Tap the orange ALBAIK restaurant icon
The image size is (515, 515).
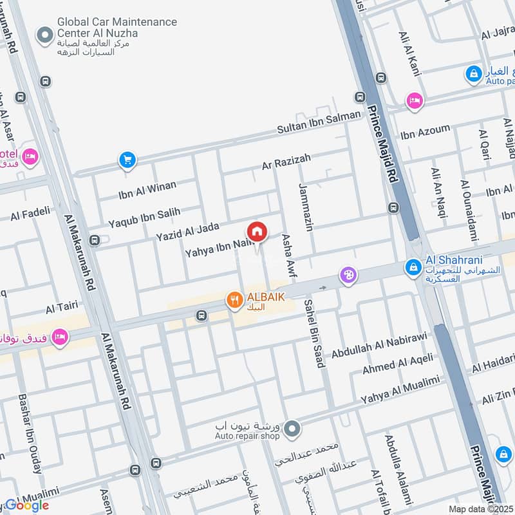[x=234, y=299]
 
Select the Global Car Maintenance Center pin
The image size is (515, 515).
[x=44, y=35]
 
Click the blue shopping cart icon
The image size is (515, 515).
[x=127, y=160]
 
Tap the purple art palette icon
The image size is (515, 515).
[x=348, y=275]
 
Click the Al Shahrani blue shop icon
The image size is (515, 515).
[x=413, y=265]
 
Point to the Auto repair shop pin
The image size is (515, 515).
[x=292, y=427]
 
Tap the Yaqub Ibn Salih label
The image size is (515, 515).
[x=144, y=218]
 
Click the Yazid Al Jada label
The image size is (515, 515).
[x=187, y=232]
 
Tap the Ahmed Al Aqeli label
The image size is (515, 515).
[x=397, y=363]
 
